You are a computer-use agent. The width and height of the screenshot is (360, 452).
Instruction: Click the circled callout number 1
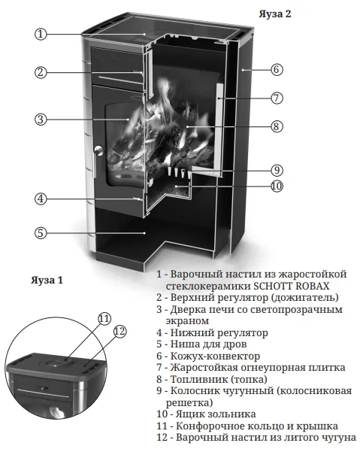pos(41,34)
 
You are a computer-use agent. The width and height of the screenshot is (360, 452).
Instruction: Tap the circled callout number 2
pos(41,72)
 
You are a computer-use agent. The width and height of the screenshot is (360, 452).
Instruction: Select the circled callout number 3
pos(41,119)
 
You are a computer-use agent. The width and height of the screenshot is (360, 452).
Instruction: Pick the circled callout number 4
pos(41,199)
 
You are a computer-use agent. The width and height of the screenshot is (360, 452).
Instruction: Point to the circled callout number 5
pos(41,232)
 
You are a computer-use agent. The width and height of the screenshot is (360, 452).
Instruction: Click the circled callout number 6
pos(277,69)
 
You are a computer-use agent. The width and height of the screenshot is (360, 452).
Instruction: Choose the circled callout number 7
pos(277,98)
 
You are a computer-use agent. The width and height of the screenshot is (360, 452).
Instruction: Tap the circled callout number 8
pos(277,126)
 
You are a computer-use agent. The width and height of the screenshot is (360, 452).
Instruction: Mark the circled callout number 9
pos(277,170)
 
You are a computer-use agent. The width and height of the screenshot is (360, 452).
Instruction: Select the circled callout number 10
pos(277,187)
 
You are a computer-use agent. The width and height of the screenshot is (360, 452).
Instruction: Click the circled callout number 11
pos(104,319)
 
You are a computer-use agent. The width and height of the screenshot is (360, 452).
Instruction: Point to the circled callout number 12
pos(119,332)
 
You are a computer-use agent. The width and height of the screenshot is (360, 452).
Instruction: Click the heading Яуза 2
pos(275,14)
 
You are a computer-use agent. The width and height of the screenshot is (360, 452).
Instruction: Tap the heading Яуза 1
pos(47,281)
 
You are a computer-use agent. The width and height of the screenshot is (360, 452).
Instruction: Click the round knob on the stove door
pos(98,150)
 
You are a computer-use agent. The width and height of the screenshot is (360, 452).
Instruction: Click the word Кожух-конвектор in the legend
pos(215,356)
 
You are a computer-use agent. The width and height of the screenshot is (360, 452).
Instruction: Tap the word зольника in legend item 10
pos(232,414)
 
